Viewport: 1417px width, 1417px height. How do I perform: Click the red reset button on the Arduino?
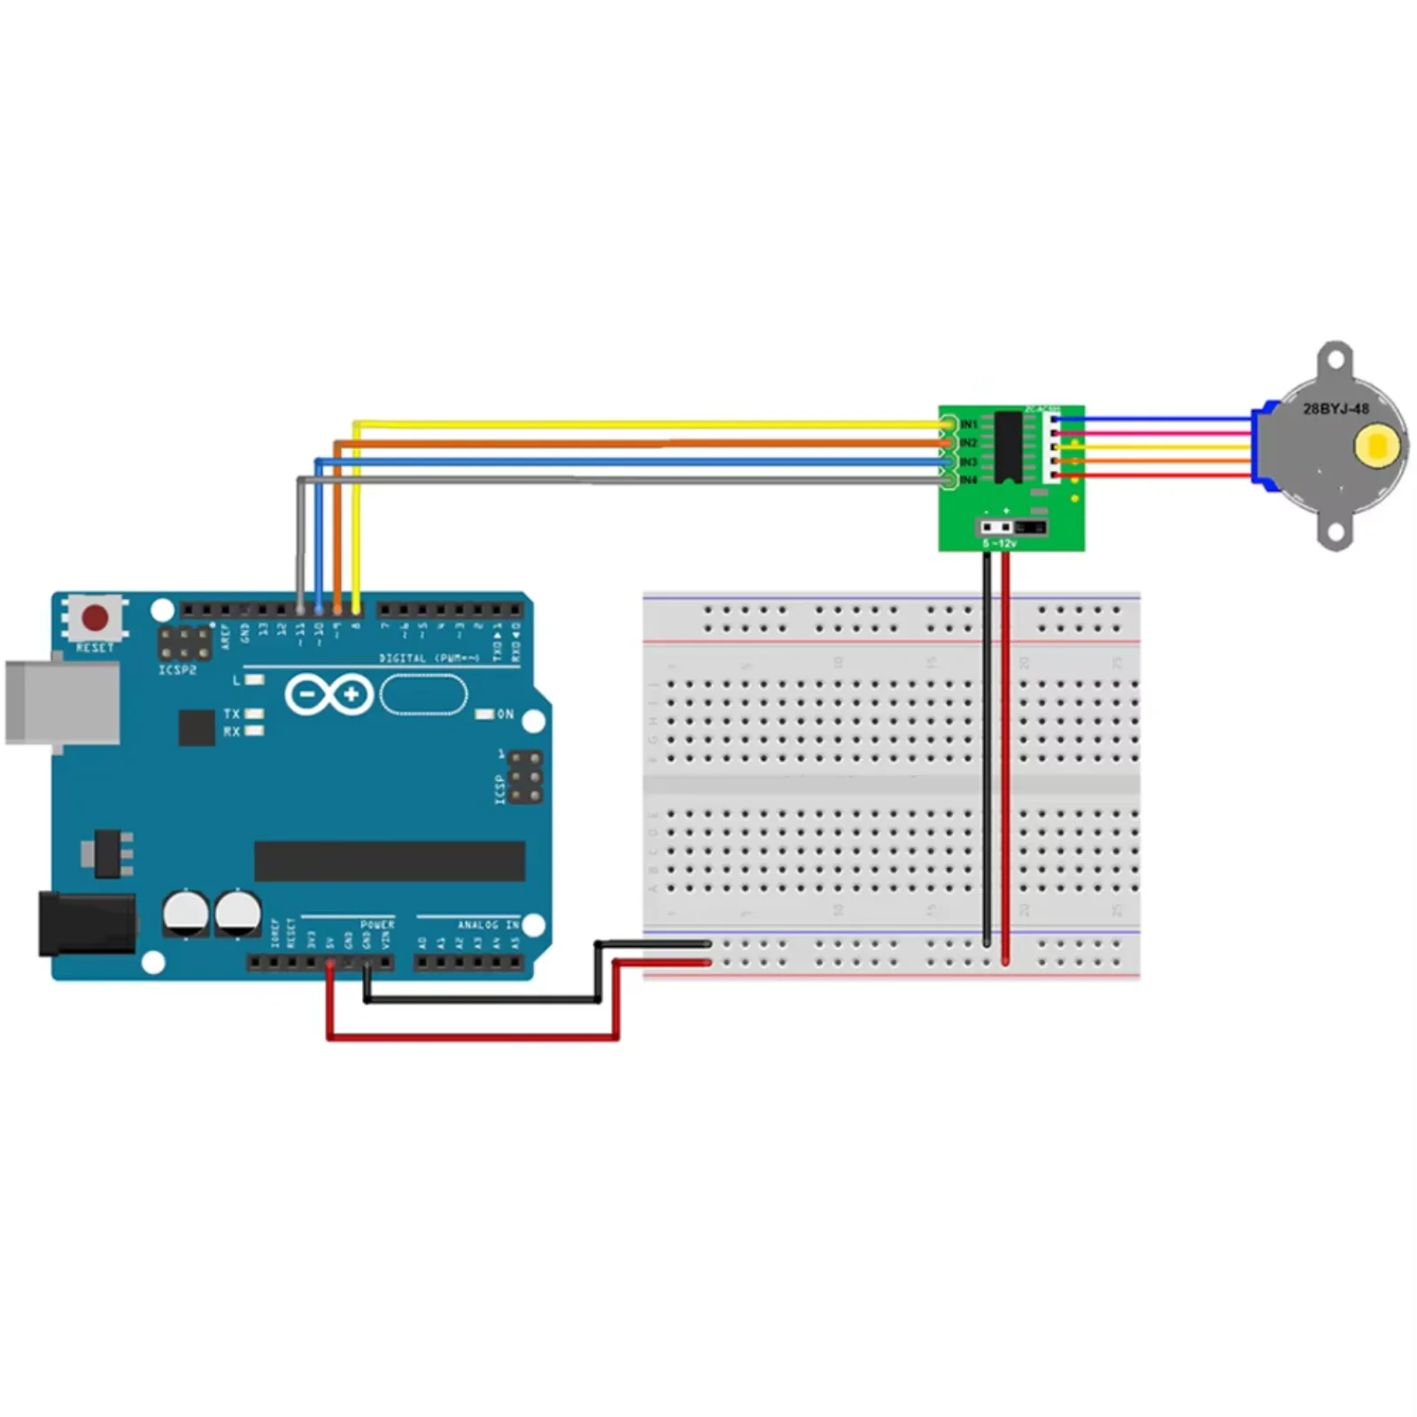(x=95, y=616)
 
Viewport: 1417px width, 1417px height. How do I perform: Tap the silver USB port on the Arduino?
(x=62, y=702)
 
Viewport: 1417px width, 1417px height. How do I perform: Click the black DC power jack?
(x=87, y=925)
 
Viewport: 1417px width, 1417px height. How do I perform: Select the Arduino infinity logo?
(x=329, y=694)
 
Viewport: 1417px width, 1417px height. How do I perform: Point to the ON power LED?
(x=484, y=714)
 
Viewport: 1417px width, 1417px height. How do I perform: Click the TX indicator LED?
(x=254, y=713)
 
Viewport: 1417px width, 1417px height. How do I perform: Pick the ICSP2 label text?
(x=177, y=670)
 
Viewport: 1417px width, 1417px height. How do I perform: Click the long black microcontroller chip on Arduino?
(x=390, y=861)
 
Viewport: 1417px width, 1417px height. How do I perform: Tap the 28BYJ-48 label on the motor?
(x=1336, y=409)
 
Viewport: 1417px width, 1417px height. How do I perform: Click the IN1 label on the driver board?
(x=969, y=424)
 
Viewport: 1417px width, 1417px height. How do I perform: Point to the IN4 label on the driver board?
(x=969, y=480)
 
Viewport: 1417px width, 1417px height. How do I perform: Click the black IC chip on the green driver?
(x=1008, y=447)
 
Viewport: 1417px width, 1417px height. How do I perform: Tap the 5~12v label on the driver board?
(x=1000, y=543)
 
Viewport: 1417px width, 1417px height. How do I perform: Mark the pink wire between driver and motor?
(x=1160, y=434)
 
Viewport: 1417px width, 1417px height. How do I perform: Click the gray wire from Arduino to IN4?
(x=620, y=480)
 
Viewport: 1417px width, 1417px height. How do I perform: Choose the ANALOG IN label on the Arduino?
(x=488, y=925)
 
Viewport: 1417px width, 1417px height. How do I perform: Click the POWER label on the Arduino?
(x=377, y=925)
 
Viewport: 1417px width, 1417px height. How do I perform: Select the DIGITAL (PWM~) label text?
(x=429, y=658)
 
